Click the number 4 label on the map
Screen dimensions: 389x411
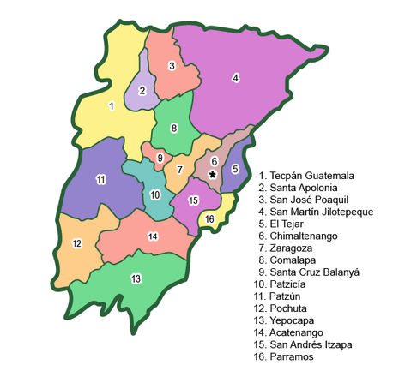tap(234, 78)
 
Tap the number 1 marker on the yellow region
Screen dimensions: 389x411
tap(112, 106)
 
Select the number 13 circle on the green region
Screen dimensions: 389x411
tap(136, 278)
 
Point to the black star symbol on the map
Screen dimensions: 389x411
tap(212, 173)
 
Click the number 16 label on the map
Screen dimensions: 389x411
tap(209, 219)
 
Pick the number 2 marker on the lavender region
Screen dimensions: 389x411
tap(142, 91)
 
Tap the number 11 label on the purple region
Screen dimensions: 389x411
tap(100, 179)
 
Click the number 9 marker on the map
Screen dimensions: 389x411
tap(160, 158)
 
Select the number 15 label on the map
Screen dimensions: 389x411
tap(193, 200)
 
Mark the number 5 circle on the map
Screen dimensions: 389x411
tap(235, 169)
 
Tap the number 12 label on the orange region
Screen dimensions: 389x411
tap(76, 244)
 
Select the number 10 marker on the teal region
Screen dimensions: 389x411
tap(154, 194)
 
